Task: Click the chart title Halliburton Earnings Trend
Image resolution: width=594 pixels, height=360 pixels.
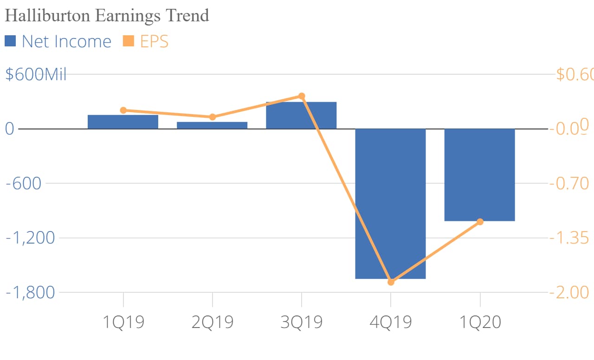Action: click(107, 15)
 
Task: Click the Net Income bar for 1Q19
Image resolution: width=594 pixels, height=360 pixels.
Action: click(123, 122)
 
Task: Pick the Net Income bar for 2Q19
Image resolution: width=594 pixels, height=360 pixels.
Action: click(212, 125)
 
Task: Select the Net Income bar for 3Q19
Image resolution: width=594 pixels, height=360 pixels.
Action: click(301, 116)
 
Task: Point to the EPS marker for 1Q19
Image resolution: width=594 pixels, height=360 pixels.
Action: click(123, 110)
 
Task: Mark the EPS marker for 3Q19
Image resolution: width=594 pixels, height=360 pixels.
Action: click(301, 96)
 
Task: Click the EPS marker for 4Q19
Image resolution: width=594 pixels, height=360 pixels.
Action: click(391, 282)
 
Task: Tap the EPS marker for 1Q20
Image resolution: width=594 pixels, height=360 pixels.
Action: click(480, 222)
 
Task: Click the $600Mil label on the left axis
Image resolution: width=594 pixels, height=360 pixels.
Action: click(36, 74)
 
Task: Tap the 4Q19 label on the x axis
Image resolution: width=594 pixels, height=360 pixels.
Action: click(391, 322)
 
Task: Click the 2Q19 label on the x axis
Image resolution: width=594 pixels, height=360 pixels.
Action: click(212, 322)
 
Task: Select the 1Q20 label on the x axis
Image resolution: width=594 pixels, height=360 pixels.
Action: click(480, 322)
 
